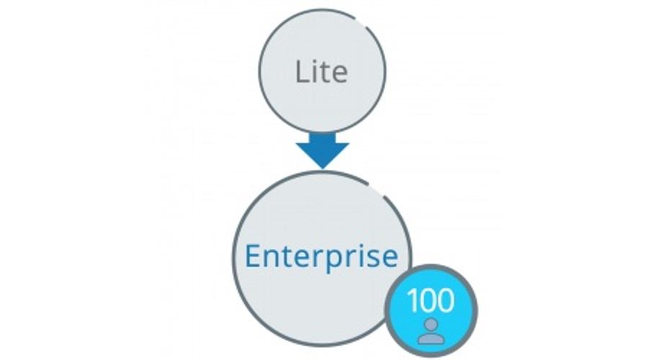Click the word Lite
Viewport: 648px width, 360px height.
pyautogui.click(x=322, y=71)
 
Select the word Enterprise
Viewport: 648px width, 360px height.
pyautogui.click(x=322, y=256)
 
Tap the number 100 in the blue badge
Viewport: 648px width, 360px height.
pyautogui.click(x=431, y=300)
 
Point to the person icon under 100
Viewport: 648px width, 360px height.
pyautogui.click(x=431, y=331)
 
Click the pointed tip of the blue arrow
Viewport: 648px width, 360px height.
pyautogui.click(x=323, y=168)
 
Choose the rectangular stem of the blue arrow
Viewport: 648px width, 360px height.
pyautogui.click(x=323, y=138)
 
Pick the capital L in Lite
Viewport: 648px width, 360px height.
pyautogui.click(x=302, y=71)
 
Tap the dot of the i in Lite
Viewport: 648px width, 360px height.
pyautogui.click(x=315, y=61)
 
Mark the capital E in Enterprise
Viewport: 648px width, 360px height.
pyautogui.click(x=253, y=256)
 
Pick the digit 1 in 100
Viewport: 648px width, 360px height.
pyautogui.click(x=412, y=300)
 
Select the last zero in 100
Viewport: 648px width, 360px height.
pyautogui.click(x=446, y=300)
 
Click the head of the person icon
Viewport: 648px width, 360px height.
pyautogui.click(x=431, y=324)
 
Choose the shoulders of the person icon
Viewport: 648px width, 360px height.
pyautogui.click(x=431, y=338)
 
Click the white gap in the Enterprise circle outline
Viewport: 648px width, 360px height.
pyautogui.click(x=377, y=188)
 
